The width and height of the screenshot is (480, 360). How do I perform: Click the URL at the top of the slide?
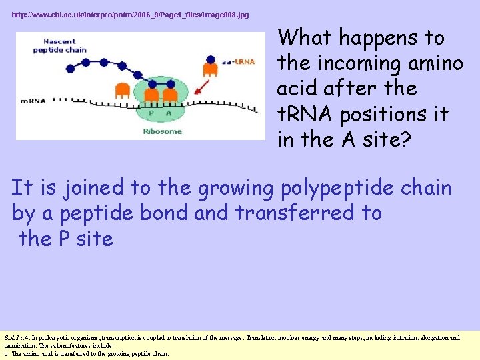pyautogui.click(x=130, y=15)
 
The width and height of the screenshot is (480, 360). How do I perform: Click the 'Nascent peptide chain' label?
pyautogui.click(x=60, y=45)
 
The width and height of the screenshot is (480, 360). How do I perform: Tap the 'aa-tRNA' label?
pyautogui.click(x=238, y=61)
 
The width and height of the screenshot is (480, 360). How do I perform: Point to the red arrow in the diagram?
pyautogui.click(x=202, y=87)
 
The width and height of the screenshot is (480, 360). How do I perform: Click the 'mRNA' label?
pyautogui.click(x=33, y=101)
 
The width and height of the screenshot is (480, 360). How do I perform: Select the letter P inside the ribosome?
pyautogui.click(x=151, y=113)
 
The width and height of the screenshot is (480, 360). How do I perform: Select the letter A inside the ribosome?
pyautogui.click(x=169, y=113)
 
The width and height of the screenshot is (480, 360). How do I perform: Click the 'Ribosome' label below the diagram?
pyautogui.click(x=162, y=131)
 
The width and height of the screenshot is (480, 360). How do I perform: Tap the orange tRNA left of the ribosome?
pyautogui.click(x=123, y=91)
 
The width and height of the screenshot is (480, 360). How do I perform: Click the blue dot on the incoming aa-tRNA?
pyautogui.click(x=211, y=59)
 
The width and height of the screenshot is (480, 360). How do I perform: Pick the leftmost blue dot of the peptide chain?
pyautogui.click(x=71, y=69)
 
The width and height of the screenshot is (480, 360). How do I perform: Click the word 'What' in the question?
pyautogui.click(x=304, y=37)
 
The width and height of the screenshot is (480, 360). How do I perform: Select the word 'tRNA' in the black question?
pyautogui.click(x=305, y=114)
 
